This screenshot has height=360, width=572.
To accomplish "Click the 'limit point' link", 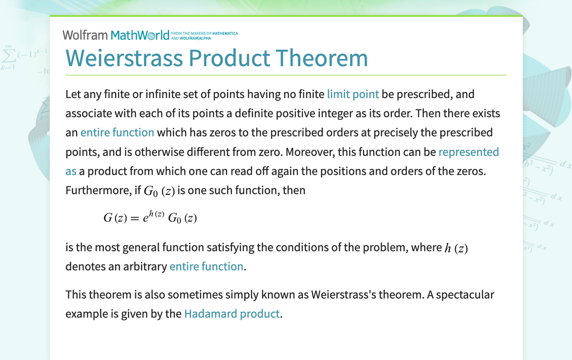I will pos(353,94).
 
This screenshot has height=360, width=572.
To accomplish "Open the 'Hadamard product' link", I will pos(231,314).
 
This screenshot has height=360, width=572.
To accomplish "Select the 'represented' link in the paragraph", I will pos(469,152).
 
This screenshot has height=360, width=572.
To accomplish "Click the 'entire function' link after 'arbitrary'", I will pos(206,266).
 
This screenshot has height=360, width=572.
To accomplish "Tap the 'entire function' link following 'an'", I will pos(117,132).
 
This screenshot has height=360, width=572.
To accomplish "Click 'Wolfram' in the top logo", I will pos(85,35).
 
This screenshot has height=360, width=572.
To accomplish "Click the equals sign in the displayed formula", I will pos(135,218).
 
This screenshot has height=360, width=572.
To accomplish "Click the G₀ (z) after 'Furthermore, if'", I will pos(159,190).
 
